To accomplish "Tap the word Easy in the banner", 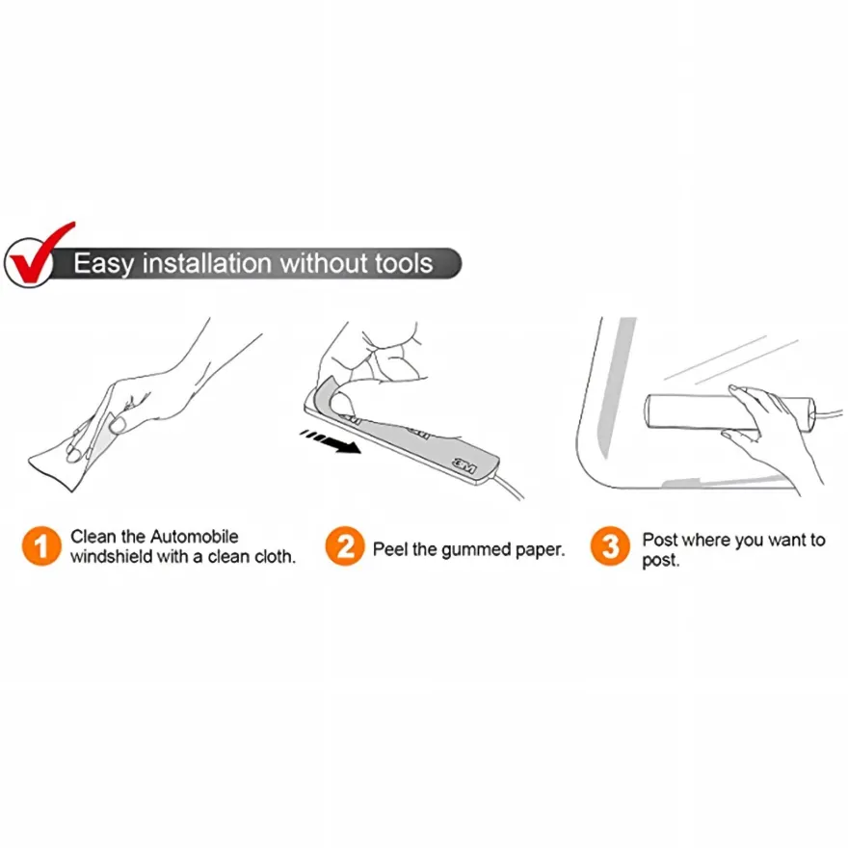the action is pos(103,264).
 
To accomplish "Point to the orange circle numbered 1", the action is pos(41,545).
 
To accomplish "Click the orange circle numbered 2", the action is pos(345,545).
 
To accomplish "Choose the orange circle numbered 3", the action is pos(610,545).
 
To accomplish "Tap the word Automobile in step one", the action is pos(194,537).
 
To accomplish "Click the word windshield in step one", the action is pos(112,557).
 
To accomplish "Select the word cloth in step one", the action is pos(275,557).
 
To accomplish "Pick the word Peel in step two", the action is pos(390,549).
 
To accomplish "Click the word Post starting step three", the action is pos(660,540).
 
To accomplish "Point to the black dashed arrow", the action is pos(331,440).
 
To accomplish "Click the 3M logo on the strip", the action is pos(464,465).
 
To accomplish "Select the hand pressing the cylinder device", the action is pos(774,433).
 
